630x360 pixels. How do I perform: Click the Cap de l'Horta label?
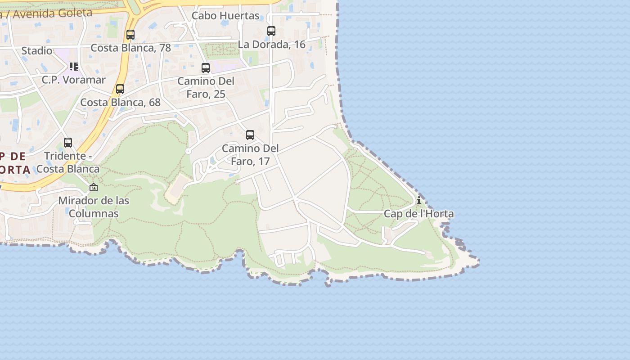(418, 214)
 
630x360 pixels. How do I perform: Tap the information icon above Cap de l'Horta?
(419, 200)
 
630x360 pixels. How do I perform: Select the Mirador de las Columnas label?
(94, 207)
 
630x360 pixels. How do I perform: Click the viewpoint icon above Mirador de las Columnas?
(94, 187)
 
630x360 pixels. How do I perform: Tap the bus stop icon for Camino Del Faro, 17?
(250, 135)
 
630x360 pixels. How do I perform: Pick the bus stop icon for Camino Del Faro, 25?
(206, 68)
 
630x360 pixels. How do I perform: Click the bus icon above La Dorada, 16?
(271, 31)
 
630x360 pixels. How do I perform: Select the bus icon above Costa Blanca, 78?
(130, 35)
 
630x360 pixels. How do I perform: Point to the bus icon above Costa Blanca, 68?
(120, 89)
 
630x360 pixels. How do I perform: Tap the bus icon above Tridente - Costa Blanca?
(68, 143)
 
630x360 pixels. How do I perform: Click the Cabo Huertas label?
(225, 16)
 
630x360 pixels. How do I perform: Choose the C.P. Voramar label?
(74, 80)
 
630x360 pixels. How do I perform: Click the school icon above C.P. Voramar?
(74, 67)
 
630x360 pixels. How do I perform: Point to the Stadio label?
(37, 51)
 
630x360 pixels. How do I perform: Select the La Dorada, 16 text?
(272, 45)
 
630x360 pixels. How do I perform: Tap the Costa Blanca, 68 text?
(120, 103)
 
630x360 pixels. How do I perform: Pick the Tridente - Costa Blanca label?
(67, 162)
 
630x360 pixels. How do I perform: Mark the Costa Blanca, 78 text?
(130, 48)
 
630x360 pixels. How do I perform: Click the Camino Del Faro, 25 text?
(206, 88)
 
